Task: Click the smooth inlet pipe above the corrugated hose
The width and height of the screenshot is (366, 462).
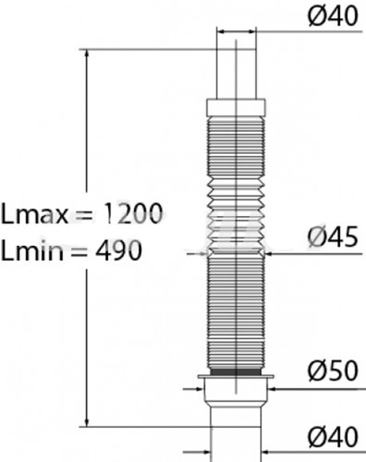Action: pyautogui.click(x=235, y=73)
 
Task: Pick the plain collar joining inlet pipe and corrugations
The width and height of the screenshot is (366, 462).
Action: pyautogui.click(x=235, y=106)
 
